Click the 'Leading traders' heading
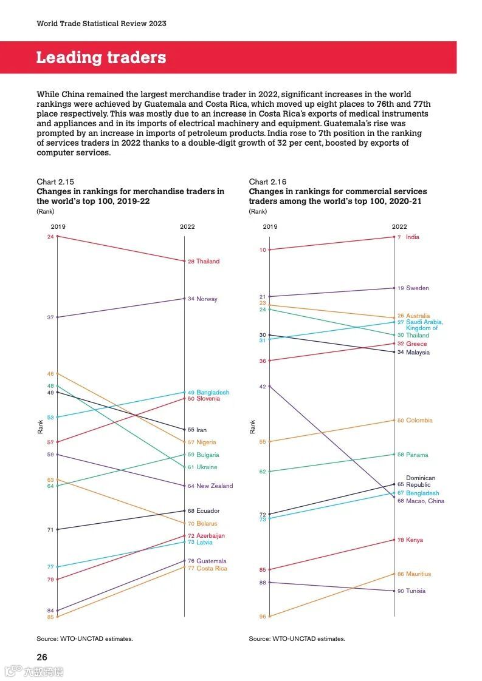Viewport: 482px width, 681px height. tap(101, 58)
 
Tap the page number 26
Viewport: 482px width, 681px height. tap(41, 657)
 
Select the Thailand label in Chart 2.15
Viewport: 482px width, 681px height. tap(207, 262)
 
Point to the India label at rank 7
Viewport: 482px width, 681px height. tap(412, 237)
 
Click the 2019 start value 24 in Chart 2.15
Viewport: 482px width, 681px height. tap(50, 236)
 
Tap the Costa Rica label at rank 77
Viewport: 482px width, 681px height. tap(212, 569)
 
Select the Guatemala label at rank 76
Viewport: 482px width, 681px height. tap(211, 561)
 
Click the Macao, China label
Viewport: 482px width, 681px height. tap(425, 501)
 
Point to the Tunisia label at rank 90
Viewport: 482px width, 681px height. tap(416, 591)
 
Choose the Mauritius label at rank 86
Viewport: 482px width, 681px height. tap(418, 574)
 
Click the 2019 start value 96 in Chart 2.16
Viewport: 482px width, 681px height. tap(263, 617)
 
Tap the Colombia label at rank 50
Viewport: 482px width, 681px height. tap(419, 421)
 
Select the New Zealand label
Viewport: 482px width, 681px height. tap(214, 486)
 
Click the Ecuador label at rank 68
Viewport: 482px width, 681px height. tap(207, 511)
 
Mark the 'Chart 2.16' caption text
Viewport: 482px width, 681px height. tap(267, 182)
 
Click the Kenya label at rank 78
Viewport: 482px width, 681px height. tap(415, 540)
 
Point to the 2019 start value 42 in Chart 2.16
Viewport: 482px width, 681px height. tap(263, 386)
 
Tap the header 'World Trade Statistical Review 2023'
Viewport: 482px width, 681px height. tap(102, 24)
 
